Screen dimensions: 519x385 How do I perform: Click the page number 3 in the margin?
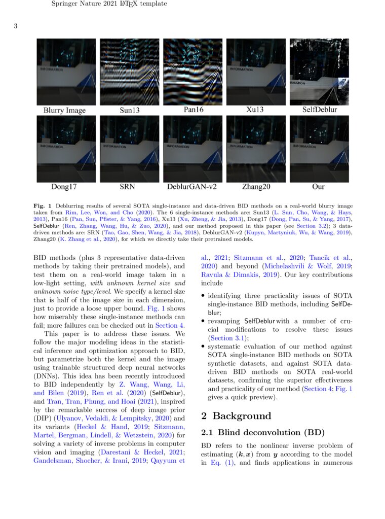click(15, 26)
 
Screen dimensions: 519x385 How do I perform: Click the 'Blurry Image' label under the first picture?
click(64, 110)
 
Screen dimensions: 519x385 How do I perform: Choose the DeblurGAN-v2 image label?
click(192, 187)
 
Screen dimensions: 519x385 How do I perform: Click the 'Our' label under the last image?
click(318, 187)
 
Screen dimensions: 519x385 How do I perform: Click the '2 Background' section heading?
click(236, 416)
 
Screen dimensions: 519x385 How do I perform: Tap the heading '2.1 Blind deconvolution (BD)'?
click(262, 433)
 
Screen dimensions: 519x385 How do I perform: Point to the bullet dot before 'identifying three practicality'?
click(203, 295)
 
